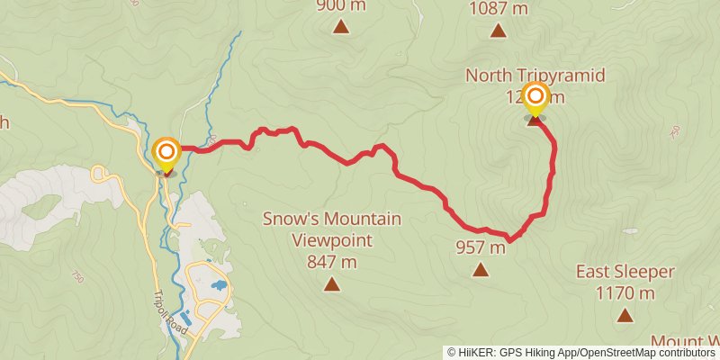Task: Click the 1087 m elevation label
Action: pos(498,9)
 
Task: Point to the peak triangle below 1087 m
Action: pos(498,31)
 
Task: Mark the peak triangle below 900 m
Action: pos(341,27)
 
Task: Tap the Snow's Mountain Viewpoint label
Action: pos(332,229)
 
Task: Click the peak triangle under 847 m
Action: pos(332,285)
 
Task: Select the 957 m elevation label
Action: pos(481,247)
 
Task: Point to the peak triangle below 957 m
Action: pos(481,269)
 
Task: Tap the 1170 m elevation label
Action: pos(624,292)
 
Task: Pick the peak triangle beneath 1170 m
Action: pos(624,315)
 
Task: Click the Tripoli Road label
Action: pos(170,314)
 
